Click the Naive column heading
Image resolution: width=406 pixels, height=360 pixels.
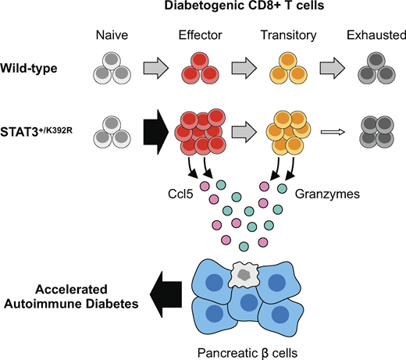[x=112, y=35]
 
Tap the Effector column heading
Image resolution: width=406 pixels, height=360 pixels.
[x=200, y=35]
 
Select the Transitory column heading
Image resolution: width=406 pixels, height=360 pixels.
[x=288, y=35]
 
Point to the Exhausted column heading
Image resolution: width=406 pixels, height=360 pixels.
[x=376, y=35]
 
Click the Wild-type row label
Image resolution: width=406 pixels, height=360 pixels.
[x=29, y=69]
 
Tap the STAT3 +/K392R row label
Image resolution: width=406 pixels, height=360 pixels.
[x=36, y=131]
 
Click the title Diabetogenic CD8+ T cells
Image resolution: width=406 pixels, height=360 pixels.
[x=244, y=5]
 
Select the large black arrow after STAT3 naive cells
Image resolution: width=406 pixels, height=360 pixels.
[x=156, y=132]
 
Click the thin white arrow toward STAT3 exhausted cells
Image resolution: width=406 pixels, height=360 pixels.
[x=333, y=132]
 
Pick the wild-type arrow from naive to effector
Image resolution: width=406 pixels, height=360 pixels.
[x=156, y=68]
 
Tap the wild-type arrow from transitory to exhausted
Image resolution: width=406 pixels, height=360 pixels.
[x=333, y=68]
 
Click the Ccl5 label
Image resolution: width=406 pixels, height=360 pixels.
[x=180, y=194]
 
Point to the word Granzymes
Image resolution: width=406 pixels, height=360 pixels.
[x=327, y=194]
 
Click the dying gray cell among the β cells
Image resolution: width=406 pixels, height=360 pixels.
[x=244, y=275]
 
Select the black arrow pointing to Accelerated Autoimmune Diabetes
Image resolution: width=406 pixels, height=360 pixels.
[x=166, y=294]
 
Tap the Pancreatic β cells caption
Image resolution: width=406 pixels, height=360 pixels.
[x=248, y=353]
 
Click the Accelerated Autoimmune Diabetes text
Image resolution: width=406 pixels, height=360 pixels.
[x=71, y=297]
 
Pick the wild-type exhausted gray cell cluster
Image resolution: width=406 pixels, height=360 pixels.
[x=376, y=68]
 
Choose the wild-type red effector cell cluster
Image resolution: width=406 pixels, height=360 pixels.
[x=200, y=68]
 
